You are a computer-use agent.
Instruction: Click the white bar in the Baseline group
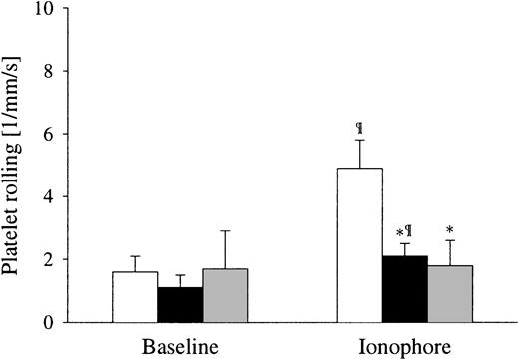[x=134, y=297]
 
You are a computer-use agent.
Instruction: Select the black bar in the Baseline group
[x=179, y=305]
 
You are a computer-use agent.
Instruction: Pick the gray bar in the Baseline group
[x=225, y=296]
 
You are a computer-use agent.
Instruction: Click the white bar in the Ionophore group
[x=360, y=245]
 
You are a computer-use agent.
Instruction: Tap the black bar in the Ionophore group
[x=405, y=289]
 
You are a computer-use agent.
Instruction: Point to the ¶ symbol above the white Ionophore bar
[x=360, y=128]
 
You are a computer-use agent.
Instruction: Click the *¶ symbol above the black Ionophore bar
[x=405, y=231]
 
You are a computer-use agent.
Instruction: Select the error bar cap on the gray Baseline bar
[x=225, y=231]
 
